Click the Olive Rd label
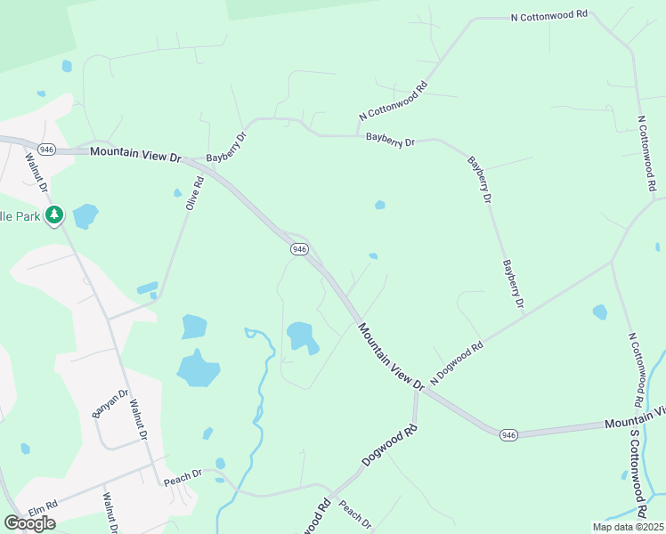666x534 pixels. coord(194,193)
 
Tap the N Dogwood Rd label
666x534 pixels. coord(456,363)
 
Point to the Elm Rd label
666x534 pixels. coord(43,508)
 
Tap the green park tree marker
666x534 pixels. coord(54,214)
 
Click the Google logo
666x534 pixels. coord(29,522)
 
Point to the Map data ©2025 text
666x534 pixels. coord(628,527)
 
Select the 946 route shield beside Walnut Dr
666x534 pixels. coord(47,150)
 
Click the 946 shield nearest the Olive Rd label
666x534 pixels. coord(299,249)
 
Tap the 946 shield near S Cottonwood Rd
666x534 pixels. coord(508,434)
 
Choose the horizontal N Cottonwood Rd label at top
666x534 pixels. coord(550,16)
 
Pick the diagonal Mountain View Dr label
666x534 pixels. coord(391,356)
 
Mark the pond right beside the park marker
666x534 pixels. coord(85,215)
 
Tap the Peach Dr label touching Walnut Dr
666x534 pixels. coord(183,478)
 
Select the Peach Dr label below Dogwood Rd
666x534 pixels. coord(354,517)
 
